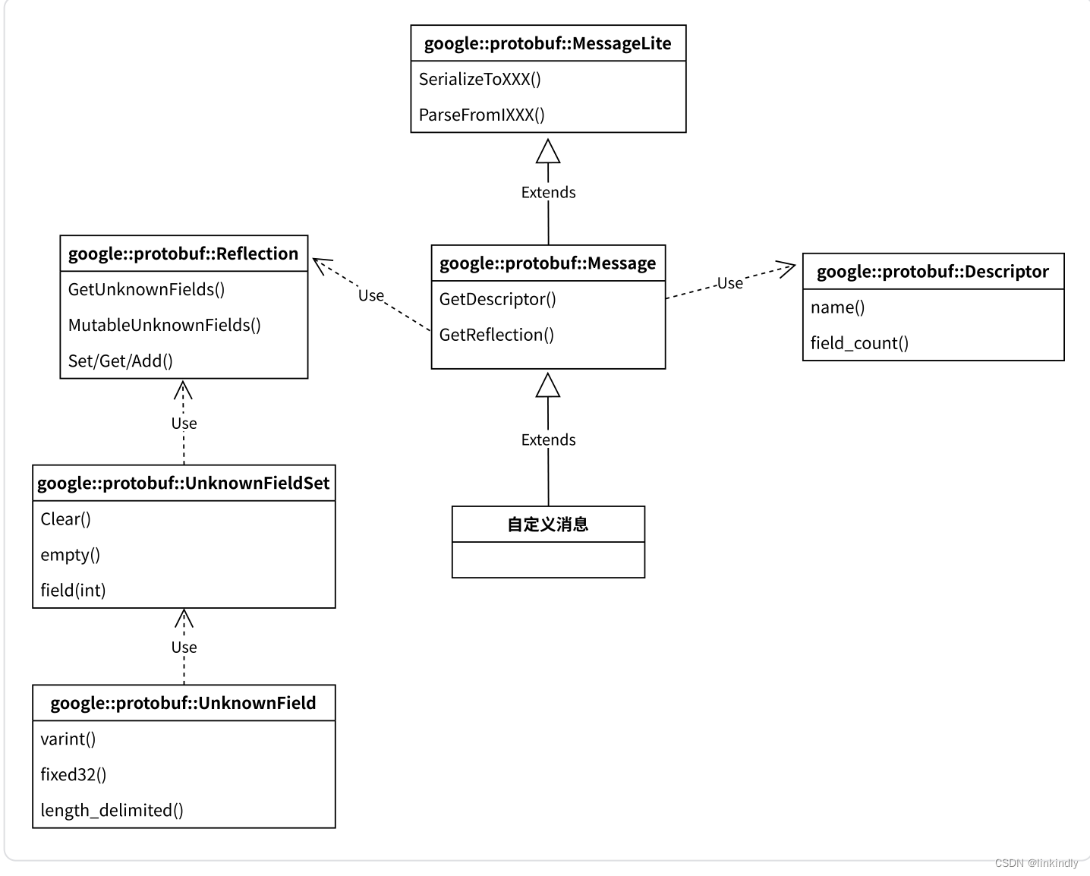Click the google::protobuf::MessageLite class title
click(547, 44)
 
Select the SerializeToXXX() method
click(480, 80)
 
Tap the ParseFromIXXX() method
click(481, 115)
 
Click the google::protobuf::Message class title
click(547, 263)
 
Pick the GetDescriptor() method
click(497, 300)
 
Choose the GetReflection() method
click(496, 336)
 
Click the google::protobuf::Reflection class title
click(183, 254)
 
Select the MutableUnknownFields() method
click(164, 326)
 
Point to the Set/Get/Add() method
click(120, 361)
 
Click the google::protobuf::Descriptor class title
click(932, 272)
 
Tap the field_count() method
click(859, 344)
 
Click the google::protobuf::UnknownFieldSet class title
click(183, 484)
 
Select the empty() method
click(70, 555)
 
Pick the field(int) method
click(73, 591)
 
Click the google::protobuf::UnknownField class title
click(183, 704)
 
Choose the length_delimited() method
click(112, 811)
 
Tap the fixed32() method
click(73, 775)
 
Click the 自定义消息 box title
click(547, 525)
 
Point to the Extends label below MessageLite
click(548, 193)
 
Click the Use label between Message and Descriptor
click(730, 284)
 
